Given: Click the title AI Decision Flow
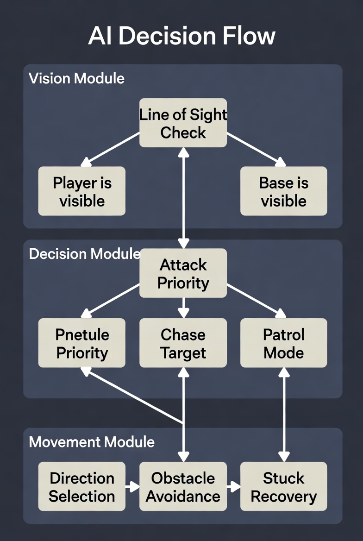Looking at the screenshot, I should point(181,36).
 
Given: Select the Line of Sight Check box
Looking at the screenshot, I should point(183,123).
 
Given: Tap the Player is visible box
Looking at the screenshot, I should point(82,191).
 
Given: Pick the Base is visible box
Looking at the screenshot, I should point(283,191).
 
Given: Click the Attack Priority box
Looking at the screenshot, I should point(183,273).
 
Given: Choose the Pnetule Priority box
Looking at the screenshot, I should point(82,343).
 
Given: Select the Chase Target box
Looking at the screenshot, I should point(183,343).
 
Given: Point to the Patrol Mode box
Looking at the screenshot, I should point(283,343).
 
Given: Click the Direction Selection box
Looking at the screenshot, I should point(82,487).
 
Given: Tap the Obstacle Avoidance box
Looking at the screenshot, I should point(183,487).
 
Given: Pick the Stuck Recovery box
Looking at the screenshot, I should point(283,487).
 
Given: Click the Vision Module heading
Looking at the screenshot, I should point(76,78).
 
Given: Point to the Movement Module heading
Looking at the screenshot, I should point(92,442).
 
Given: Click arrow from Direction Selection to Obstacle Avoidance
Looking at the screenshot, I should point(132,487).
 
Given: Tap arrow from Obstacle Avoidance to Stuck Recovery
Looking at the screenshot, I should point(234,487).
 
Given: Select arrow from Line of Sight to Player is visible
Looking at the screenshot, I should point(111,149).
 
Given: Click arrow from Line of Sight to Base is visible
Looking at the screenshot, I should point(256,149).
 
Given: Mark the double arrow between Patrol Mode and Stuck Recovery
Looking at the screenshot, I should point(283,415).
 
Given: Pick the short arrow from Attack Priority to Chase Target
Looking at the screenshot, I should point(183,308).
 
